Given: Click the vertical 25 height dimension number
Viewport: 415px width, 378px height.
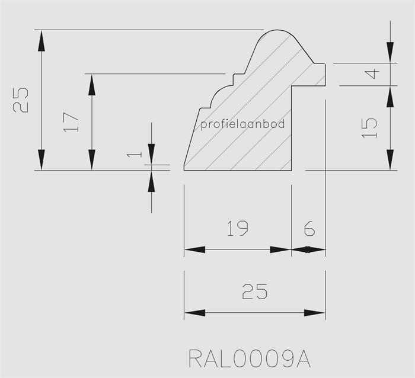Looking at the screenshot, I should pyautogui.click(x=20, y=100).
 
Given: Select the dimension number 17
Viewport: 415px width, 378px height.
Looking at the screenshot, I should pyautogui.click(x=71, y=123).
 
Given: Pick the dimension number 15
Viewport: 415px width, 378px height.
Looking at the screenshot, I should pyautogui.click(x=369, y=127).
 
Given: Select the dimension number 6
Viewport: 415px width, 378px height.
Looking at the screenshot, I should pyautogui.click(x=308, y=228).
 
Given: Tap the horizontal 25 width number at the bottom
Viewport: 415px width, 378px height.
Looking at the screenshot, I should pyautogui.click(x=254, y=291).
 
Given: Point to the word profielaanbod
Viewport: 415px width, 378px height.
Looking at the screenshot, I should pyautogui.click(x=243, y=124).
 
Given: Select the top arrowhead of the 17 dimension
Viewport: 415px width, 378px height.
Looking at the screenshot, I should pyautogui.click(x=92, y=84).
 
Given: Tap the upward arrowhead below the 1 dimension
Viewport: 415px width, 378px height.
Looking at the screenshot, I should pyautogui.click(x=151, y=181).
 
